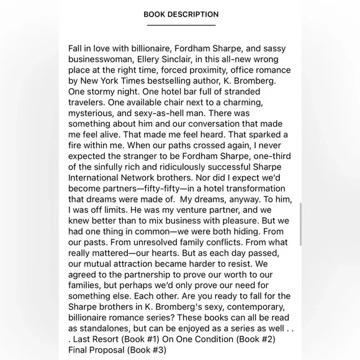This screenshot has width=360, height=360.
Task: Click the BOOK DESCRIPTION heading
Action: point(181,14)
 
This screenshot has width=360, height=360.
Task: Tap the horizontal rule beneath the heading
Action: point(181,25)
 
